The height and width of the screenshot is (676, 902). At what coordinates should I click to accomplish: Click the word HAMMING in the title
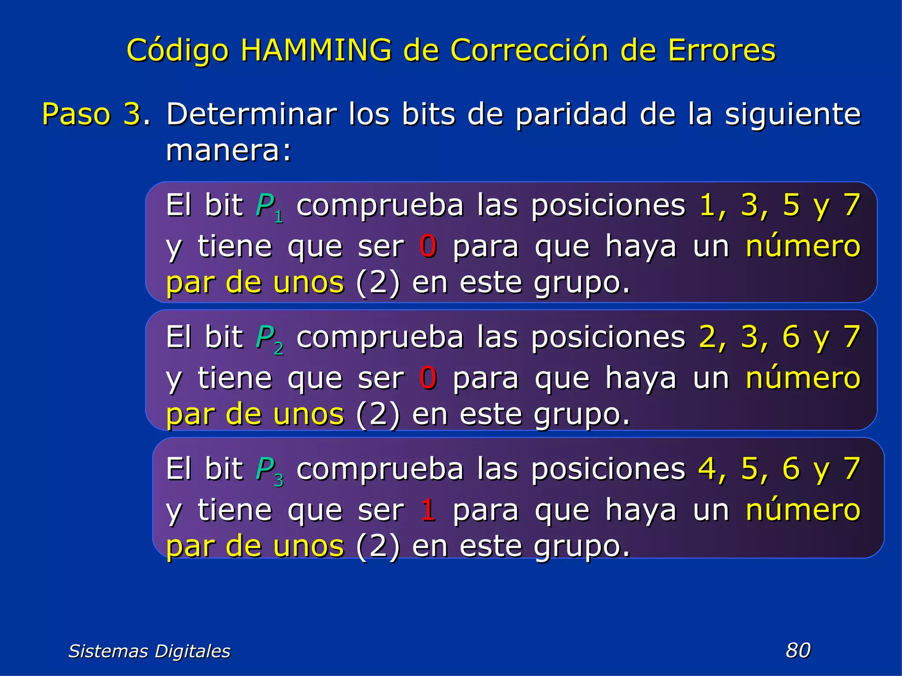316,50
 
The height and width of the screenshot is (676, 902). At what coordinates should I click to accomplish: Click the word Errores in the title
721,50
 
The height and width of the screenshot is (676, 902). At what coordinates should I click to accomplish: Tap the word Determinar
251,114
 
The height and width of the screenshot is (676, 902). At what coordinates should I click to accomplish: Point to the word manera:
229,151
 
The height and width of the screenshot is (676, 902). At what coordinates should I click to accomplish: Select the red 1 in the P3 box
428,510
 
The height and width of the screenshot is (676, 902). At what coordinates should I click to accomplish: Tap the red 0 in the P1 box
428,246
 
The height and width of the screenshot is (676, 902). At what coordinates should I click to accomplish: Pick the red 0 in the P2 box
428,378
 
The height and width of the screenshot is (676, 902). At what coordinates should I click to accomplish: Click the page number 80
798,650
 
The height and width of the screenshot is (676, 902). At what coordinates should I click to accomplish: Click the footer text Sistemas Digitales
149,651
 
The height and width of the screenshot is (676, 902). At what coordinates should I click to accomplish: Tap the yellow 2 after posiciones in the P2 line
707,337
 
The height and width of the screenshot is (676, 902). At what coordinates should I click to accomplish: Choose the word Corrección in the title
529,50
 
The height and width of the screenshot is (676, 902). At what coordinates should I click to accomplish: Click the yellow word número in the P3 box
802,510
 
